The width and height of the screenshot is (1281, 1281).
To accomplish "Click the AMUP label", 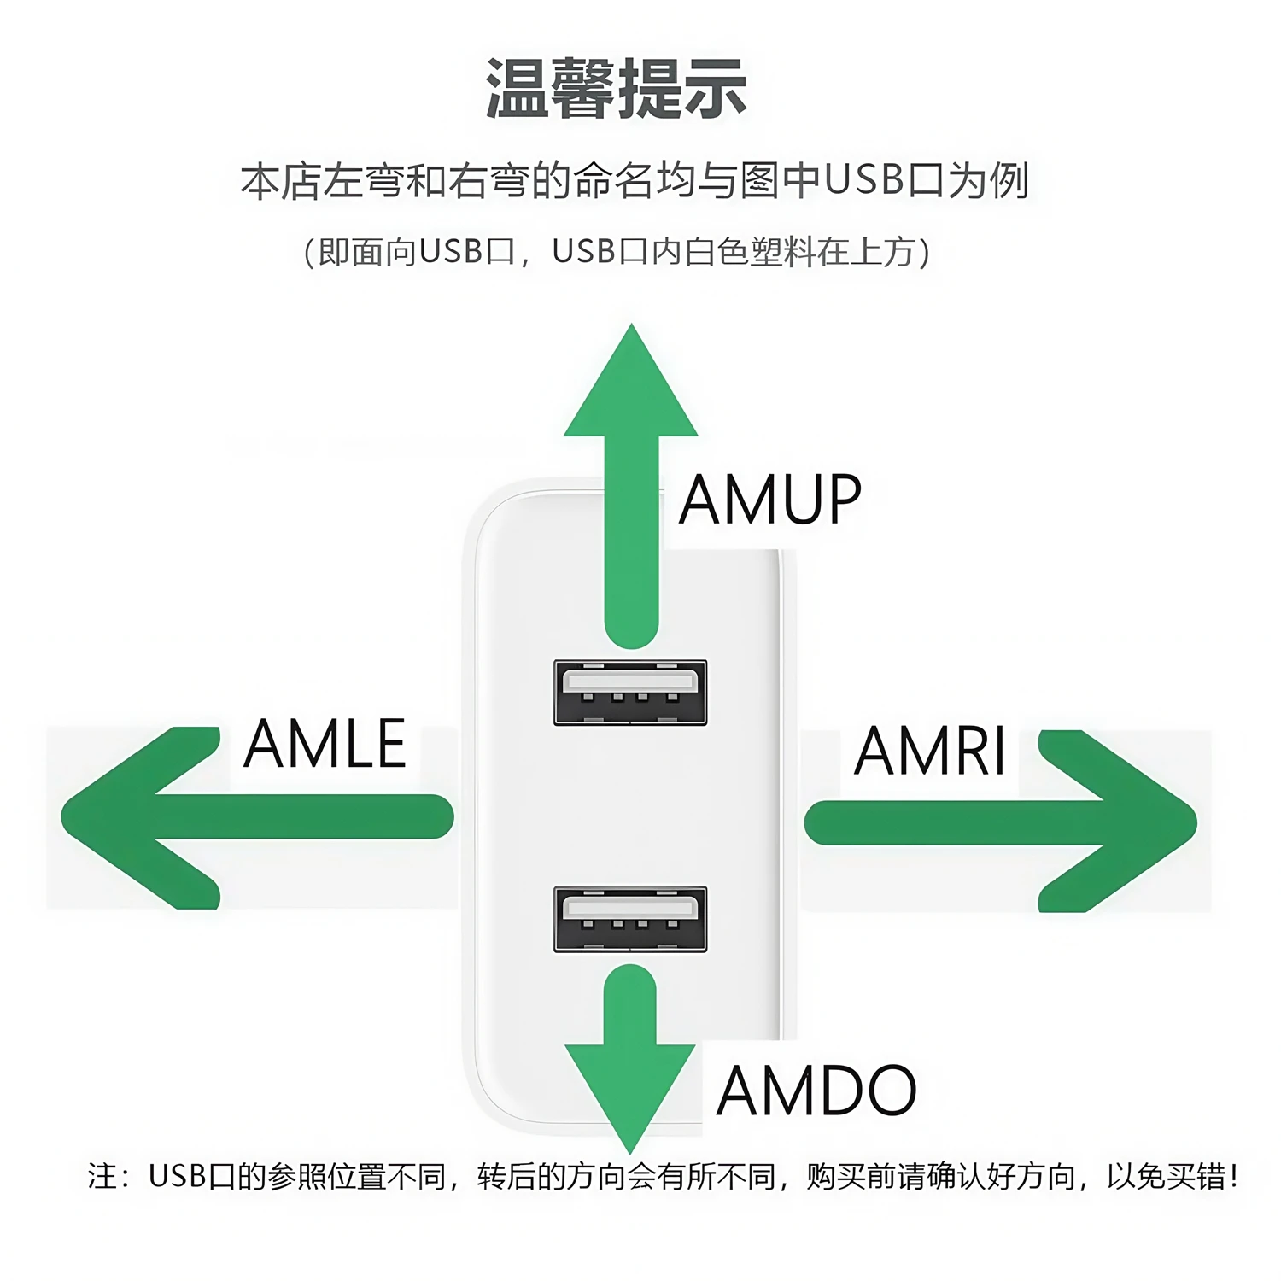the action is tap(770, 500).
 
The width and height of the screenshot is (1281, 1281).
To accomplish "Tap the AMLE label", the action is tap(325, 744).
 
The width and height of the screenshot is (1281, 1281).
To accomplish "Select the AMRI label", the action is tap(930, 751).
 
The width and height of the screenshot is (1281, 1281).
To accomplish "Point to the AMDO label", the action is tap(816, 1091).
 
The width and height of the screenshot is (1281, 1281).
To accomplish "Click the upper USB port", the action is tap(630, 693).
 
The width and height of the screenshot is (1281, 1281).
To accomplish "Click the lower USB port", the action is tap(630, 919).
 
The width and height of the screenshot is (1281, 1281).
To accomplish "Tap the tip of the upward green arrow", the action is tap(631, 325).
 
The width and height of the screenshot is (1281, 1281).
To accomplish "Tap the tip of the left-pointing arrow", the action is tap(61, 816).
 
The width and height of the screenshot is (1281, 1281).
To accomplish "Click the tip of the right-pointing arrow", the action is tap(1196, 822).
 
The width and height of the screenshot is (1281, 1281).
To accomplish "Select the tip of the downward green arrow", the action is tap(630, 1153).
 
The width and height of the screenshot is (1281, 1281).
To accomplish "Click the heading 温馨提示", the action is tap(617, 89).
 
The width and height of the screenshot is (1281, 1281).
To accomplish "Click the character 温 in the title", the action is tap(517, 89).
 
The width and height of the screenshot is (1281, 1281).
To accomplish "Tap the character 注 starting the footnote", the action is tap(102, 1177).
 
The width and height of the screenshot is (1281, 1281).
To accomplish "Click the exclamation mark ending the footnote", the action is tap(1233, 1176).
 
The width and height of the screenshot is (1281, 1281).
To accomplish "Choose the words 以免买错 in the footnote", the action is tap(1167, 1177).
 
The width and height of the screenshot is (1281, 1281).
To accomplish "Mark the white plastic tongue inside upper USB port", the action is tap(630, 681).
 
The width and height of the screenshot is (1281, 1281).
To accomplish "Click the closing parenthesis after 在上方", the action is tap(924, 252).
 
